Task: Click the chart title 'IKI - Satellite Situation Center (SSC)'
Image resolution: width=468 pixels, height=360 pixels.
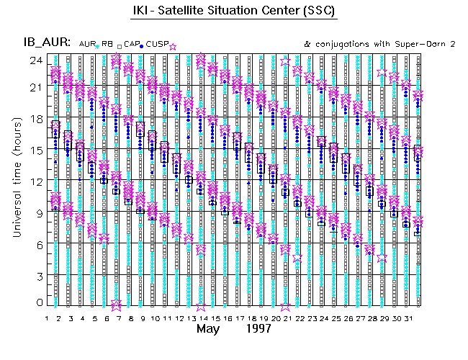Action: [235, 12]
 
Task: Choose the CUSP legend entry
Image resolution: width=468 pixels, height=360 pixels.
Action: [158, 45]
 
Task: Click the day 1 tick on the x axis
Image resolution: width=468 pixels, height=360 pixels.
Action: [48, 318]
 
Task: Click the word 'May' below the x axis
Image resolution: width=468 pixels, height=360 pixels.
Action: [207, 330]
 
